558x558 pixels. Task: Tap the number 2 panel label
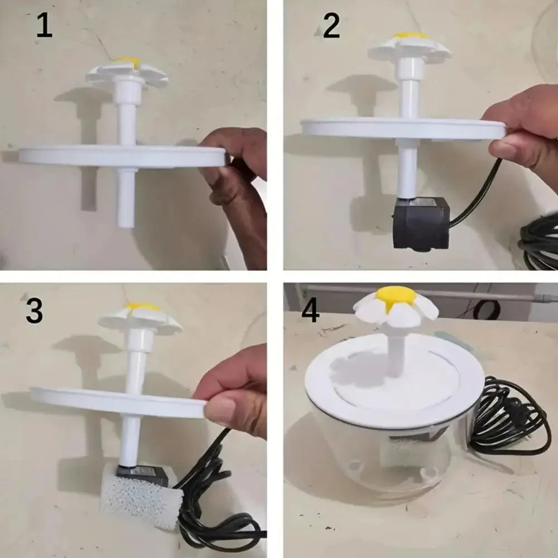click(x=331, y=26)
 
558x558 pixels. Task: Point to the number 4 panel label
click(x=310, y=310)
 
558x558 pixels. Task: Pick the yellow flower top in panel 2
click(x=410, y=36)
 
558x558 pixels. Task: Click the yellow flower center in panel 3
click(x=141, y=306)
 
